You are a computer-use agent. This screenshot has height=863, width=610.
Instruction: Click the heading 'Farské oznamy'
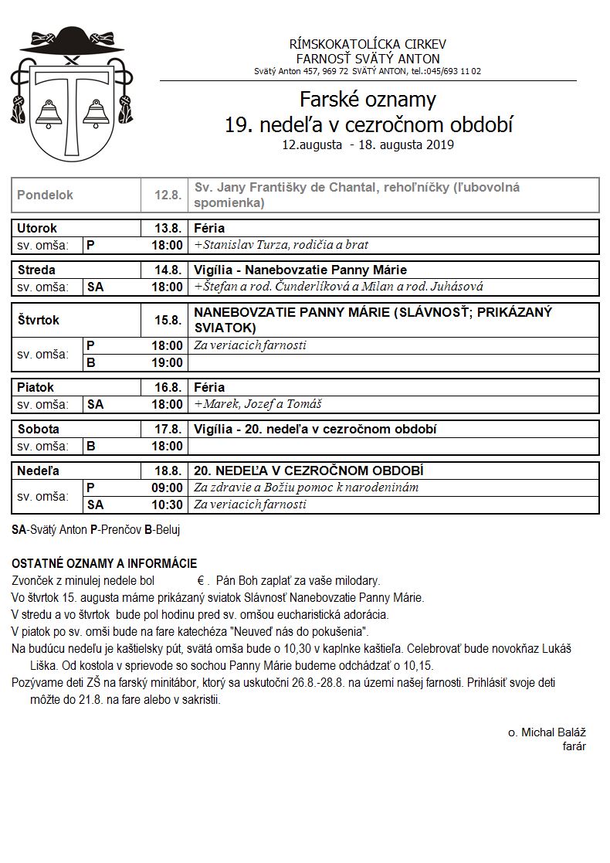(x=368, y=100)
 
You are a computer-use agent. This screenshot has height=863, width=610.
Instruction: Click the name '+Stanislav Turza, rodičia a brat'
(x=281, y=245)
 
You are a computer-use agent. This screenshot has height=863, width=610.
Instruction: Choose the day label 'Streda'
(x=36, y=270)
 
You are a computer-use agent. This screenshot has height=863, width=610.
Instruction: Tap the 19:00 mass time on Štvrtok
(x=168, y=362)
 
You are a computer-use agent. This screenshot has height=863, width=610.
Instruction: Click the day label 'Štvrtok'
(x=39, y=320)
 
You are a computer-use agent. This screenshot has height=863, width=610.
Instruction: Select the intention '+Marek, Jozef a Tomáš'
(x=258, y=404)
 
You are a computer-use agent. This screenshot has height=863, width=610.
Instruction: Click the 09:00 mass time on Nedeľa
(x=168, y=488)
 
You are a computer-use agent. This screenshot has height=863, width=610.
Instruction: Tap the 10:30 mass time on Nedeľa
(x=168, y=505)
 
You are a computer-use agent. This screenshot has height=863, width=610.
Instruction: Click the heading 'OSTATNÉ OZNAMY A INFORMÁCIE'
(x=104, y=564)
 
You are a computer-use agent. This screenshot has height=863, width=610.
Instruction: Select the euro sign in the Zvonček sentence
(x=199, y=581)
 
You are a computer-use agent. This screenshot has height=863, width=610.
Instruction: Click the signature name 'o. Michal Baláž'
(x=547, y=732)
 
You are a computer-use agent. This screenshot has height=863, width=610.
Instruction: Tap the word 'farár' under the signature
(x=574, y=746)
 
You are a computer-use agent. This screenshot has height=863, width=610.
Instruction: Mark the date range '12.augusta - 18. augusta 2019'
(x=368, y=144)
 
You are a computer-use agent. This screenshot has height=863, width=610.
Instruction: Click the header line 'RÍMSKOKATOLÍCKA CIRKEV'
(x=368, y=44)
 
